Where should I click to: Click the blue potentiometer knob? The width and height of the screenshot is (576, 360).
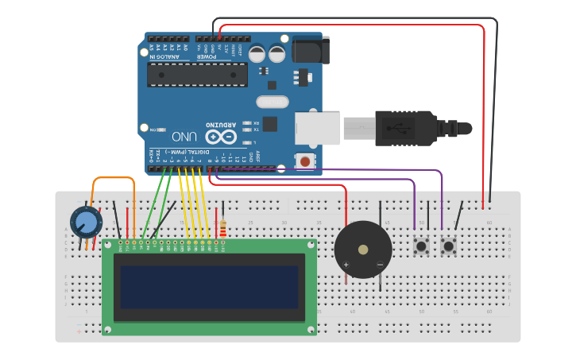(86, 222)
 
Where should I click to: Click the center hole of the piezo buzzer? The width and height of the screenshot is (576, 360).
(363, 250)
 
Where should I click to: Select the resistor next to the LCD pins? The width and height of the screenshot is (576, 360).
(223, 229)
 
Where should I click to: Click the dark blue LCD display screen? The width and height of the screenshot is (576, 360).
(209, 287)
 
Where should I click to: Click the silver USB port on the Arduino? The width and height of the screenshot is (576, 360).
(317, 128)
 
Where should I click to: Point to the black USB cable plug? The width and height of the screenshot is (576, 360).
(405, 128)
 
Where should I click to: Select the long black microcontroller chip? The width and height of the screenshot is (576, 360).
(197, 74)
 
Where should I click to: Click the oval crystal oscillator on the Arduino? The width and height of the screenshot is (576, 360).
(273, 102)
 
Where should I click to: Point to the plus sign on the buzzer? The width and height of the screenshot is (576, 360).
(346, 264)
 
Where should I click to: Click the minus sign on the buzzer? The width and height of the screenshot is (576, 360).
(380, 264)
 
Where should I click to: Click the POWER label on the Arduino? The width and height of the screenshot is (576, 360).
(207, 56)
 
